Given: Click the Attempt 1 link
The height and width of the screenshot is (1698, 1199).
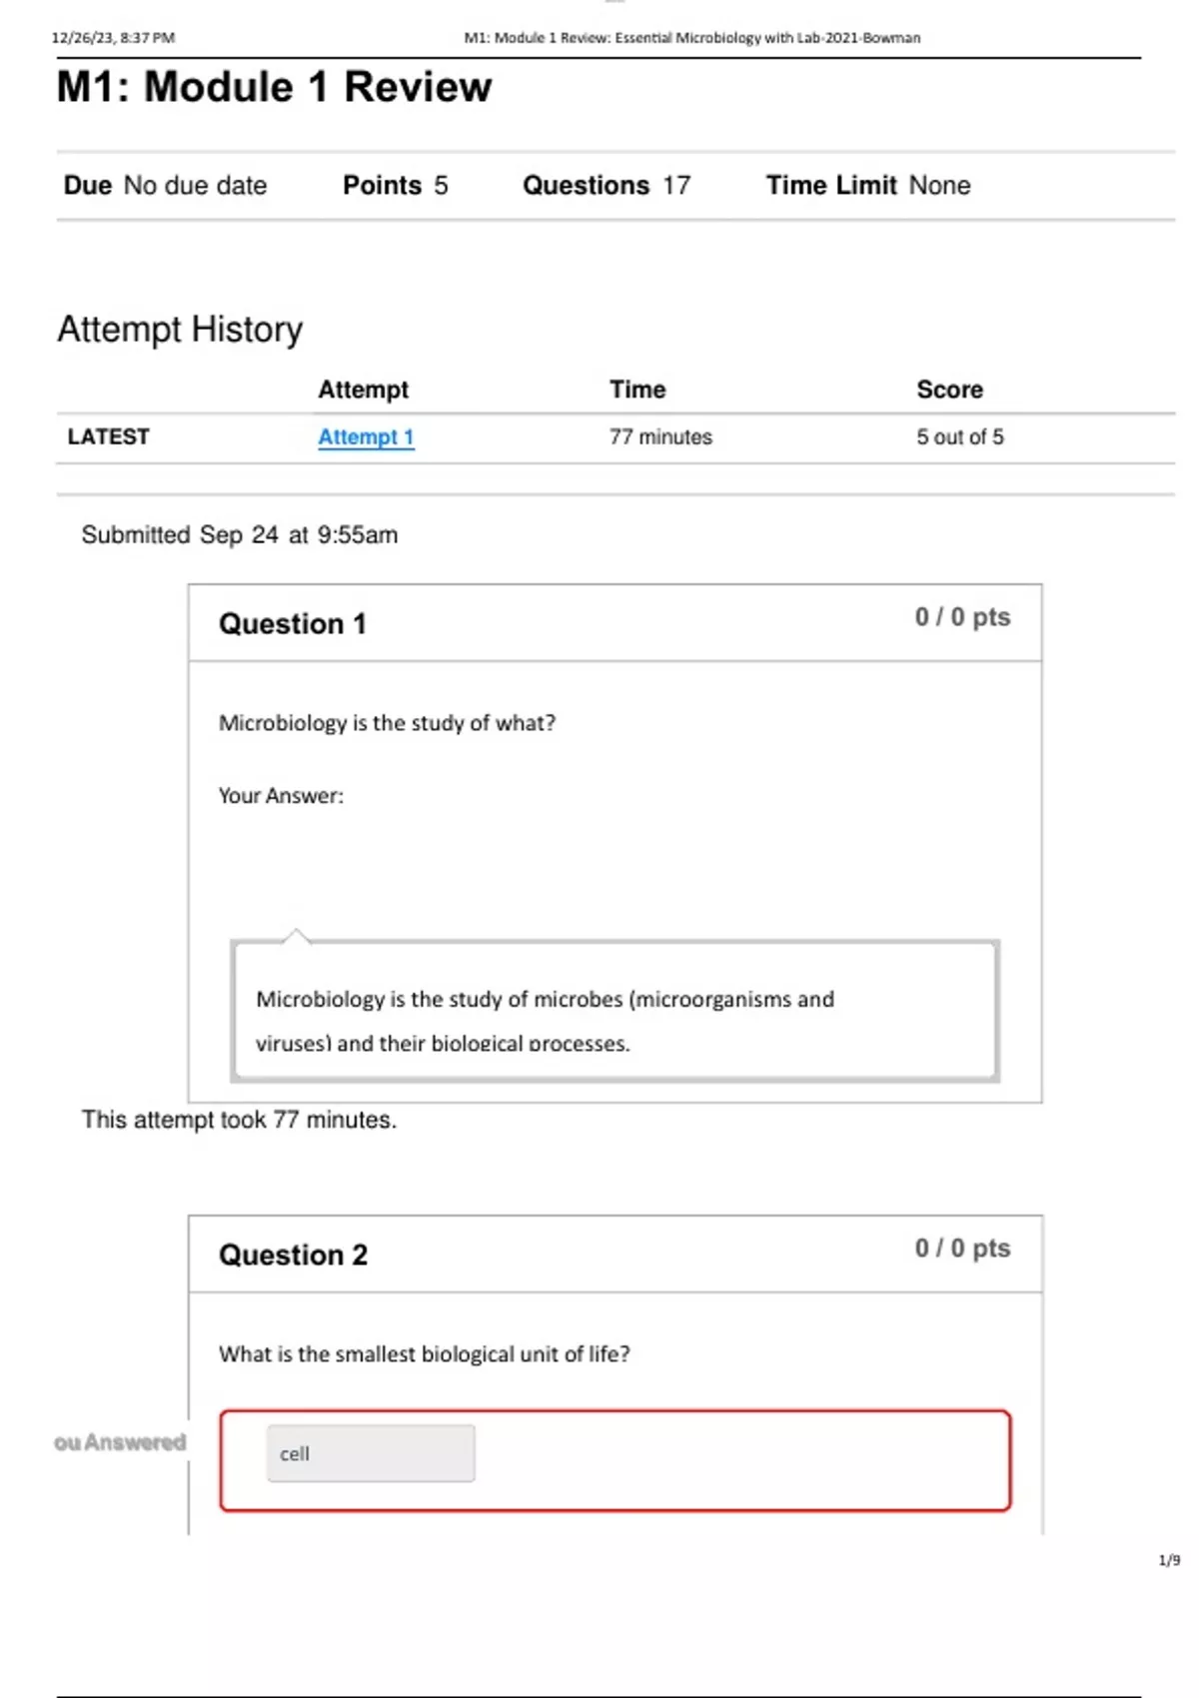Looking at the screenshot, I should [x=366, y=437].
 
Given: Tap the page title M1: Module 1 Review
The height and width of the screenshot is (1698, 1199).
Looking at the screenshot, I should [x=274, y=88].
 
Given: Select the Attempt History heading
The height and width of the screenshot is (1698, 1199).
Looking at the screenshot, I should [x=180, y=330].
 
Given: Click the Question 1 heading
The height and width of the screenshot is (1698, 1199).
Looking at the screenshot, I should [x=293, y=624].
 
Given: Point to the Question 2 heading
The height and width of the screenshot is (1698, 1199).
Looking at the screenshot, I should [x=293, y=1256].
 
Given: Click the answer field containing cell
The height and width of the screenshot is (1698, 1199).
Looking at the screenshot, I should [x=371, y=1453].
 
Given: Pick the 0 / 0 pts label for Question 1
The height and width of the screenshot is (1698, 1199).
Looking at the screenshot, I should [x=962, y=617].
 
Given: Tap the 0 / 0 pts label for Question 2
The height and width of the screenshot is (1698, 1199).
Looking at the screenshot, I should [x=962, y=1249].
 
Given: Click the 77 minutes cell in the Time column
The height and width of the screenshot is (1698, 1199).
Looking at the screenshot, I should [x=660, y=437].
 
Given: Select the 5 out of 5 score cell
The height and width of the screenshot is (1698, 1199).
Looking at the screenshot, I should [x=960, y=437].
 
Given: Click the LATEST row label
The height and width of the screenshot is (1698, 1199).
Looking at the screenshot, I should [x=108, y=437].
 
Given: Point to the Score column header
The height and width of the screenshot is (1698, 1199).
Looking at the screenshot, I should [x=949, y=390].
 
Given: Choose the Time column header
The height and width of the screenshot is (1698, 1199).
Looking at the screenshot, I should [x=637, y=390].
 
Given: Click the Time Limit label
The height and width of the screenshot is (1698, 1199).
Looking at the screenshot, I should [x=831, y=186].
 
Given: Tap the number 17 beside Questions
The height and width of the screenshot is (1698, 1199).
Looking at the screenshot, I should [x=676, y=186].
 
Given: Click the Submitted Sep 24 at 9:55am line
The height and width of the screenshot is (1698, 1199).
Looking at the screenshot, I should [x=240, y=535].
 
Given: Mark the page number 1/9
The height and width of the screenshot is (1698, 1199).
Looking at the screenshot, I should [x=1169, y=1560].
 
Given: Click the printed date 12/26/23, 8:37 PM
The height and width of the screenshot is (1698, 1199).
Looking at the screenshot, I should [x=113, y=38].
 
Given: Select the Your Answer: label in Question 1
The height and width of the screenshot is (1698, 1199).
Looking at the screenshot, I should [x=281, y=796].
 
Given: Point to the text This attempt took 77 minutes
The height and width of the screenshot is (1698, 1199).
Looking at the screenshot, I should [x=239, y=1121].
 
